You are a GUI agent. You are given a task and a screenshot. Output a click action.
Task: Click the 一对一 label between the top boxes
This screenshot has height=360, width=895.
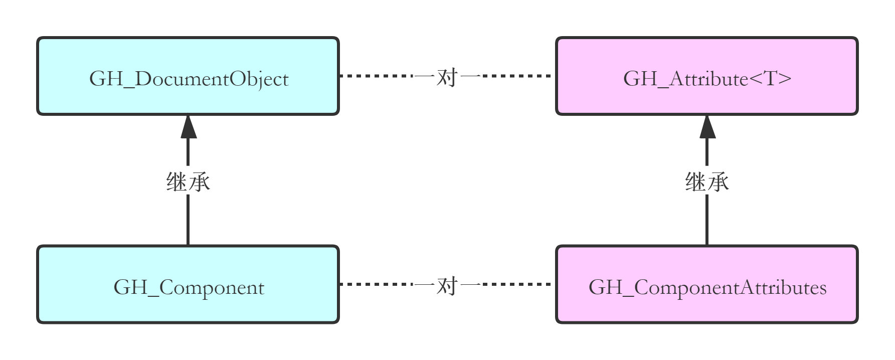point(447,76)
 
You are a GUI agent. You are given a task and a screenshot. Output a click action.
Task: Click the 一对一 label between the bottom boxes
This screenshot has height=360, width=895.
point(447,284)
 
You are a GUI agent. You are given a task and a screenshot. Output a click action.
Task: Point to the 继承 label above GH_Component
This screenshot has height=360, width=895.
point(188,181)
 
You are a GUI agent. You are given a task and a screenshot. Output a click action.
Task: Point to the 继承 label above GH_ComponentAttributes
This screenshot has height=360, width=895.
point(707,181)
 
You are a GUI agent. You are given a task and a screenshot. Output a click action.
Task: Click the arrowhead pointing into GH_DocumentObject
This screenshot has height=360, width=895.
point(188,127)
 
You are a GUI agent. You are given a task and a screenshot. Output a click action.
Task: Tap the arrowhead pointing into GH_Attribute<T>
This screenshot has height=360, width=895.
point(707,127)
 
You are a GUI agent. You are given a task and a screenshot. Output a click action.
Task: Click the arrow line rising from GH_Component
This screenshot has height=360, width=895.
point(188,221)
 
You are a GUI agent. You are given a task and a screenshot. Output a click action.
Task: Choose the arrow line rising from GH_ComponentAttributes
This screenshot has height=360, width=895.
point(707,221)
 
